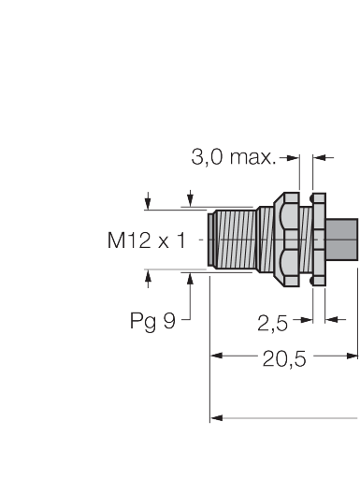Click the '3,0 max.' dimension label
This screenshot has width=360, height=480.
pos(234,157)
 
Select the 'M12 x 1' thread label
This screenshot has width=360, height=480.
pos(146,240)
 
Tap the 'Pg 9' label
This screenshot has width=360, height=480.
pos(152,321)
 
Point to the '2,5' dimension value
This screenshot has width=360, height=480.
pos(272,323)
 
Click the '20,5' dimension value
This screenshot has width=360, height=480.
pos(284,358)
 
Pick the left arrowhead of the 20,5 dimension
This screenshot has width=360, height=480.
pos(217,356)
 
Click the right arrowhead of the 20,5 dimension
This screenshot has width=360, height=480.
pos(353,356)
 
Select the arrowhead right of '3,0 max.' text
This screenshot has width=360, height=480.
pos(294,158)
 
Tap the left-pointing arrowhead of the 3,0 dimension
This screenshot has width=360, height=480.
pos(319,158)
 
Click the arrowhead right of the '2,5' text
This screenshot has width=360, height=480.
pos(307,320)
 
